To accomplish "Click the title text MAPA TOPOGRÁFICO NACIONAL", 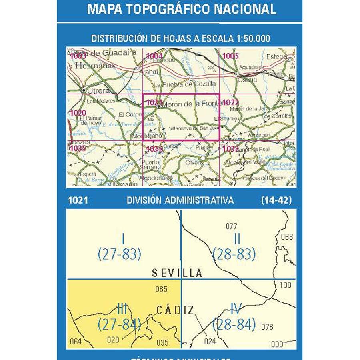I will tap(181, 9).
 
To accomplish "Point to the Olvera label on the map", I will tap(194, 163).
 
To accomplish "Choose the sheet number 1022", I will tap(230, 102).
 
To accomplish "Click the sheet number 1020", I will tap(77, 113).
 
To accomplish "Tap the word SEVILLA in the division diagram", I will tap(177, 273).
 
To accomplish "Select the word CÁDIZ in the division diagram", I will tap(175, 310).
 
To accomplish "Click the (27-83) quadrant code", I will tap(119, 254).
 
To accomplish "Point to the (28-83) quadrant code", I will tap(234, 254).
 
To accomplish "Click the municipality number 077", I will tap(231, 226).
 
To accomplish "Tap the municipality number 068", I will tap(287, 236).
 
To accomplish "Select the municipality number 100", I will tap(285, 285).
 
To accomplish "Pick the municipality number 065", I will tap(161, 289).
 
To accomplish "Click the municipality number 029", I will tap(114, 340).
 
